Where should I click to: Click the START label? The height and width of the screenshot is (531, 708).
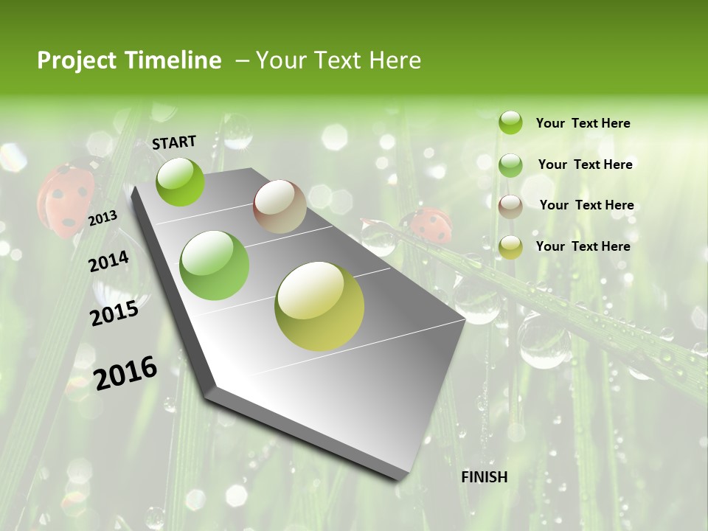(174, 142)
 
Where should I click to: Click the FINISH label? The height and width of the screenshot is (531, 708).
(484, 477)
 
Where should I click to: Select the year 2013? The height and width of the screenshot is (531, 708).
(103, 218)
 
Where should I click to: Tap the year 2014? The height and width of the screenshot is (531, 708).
(109, 261)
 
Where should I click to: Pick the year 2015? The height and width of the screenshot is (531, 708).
(114, 313)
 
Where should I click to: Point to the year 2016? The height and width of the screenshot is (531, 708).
(125, 372)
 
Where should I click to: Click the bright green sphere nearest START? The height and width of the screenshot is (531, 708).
(181, 182)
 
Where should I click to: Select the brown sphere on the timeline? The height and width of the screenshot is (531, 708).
(280, 207)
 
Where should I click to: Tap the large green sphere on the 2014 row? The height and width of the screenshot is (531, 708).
(215, 265)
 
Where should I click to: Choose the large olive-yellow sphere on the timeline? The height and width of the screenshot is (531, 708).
(319, 306)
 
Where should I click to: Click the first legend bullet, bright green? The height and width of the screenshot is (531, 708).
(510, 123)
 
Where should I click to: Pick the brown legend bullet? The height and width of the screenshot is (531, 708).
(510, 206)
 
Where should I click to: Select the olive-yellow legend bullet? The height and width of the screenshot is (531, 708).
(510, 247)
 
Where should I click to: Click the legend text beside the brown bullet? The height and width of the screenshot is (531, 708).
(586, 205)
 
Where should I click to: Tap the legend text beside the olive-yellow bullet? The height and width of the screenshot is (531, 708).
(583, 246)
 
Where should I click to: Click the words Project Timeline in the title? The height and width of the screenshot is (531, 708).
(129, 60)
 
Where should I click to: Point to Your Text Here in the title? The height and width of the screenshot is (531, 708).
(338, 60)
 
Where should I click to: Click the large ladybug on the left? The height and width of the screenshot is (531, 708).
(66, 198)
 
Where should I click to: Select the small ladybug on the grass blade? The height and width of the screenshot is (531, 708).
(430, 226)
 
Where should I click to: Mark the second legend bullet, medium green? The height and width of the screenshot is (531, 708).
(510, 165)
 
